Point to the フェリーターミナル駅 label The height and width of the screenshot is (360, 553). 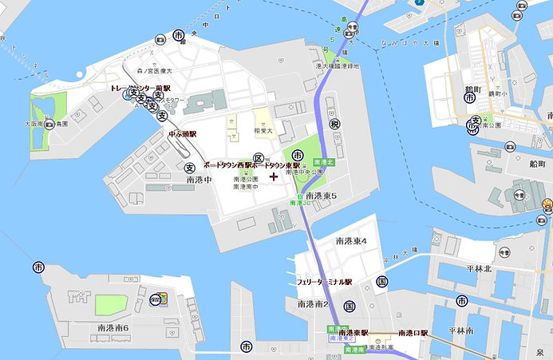coord(324,282)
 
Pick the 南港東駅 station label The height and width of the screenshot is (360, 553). coord(353,332)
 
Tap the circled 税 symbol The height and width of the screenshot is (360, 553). coord(334,124)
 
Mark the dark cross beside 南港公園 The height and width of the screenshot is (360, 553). coord(274,176)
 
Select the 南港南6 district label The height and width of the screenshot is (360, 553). coord(113,328)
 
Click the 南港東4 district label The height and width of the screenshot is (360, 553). coord(351,240)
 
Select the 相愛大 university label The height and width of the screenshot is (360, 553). coord(264,129)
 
